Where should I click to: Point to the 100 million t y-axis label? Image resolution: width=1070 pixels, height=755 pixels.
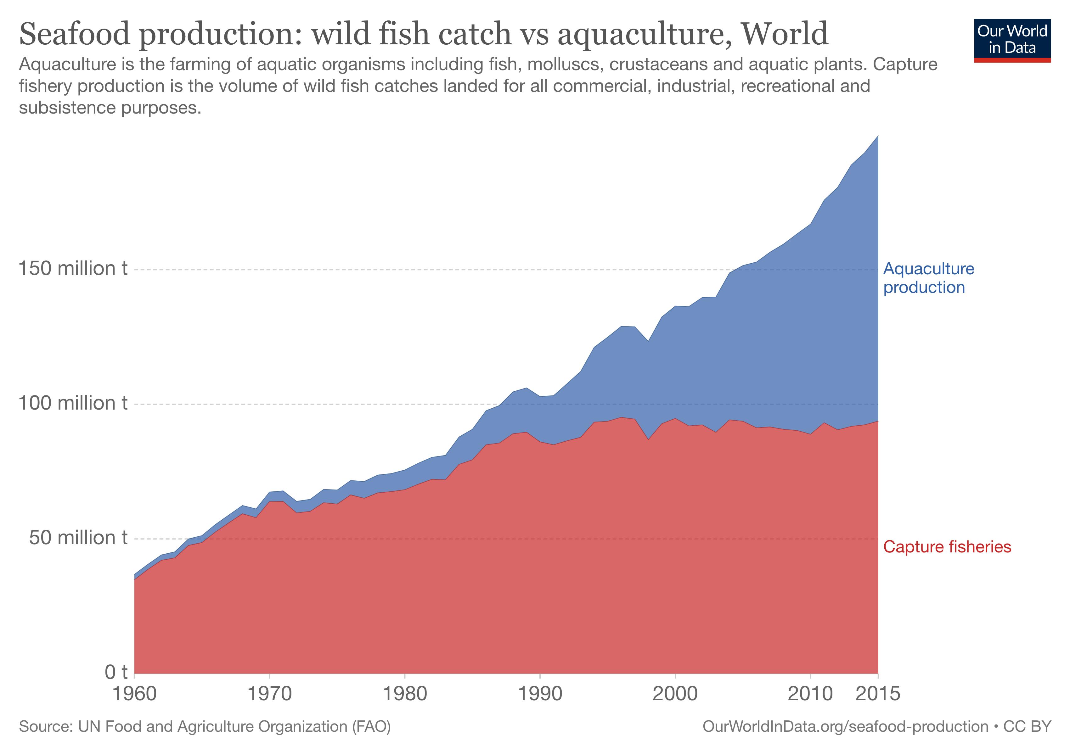pyautogui.click(x=73, y=403)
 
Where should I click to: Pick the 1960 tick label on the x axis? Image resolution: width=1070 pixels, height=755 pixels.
pyautogui.click(x=135, y=694)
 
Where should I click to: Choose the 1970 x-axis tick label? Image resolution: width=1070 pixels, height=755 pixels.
pyautogui.click(x=269, y=694)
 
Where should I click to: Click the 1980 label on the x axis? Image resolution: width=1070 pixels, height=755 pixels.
pyautogui.click(x=404, y=694)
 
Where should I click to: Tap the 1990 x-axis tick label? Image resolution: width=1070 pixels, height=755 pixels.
pyautogui.click(x=540, y=694)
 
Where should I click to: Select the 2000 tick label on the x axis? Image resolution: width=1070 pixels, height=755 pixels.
pyautogui.click(x=675, y=694)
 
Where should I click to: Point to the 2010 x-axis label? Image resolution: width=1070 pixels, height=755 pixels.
pyautogui.click(x=810, y=694)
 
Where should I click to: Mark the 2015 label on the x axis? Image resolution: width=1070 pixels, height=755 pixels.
pyautogui.click(x=878, y=694)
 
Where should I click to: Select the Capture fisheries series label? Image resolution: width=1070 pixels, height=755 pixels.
pyautogui.click(x=947, y=547)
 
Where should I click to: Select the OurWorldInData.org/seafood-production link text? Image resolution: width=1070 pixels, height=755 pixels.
pyautogui.click(x=845, y=727)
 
